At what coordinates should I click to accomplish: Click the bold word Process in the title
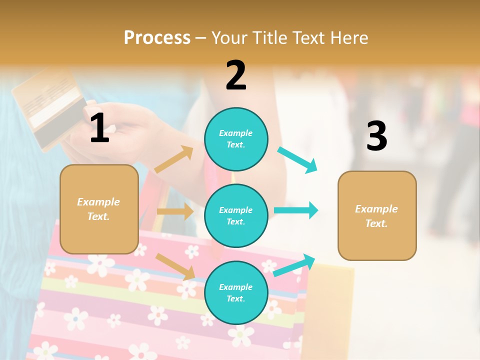pos(157,37)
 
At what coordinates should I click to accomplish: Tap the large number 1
pos(99,128)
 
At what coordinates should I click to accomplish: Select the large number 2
pos(236,75)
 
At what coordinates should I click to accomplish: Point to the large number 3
pos(376,136)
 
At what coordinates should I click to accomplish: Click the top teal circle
pos(236,139)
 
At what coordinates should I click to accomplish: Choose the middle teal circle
pos(236,215)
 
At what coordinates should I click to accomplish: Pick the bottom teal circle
pos(236,292)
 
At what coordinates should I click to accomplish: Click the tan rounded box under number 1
pos(99,209)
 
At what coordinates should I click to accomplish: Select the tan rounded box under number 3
pos(376,215)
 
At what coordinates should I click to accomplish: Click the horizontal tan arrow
pos(175,211)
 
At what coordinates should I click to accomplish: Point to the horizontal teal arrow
pos(296,210)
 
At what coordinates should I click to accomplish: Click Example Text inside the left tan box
pos(98,209)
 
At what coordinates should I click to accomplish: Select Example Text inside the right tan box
pos(376,216)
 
